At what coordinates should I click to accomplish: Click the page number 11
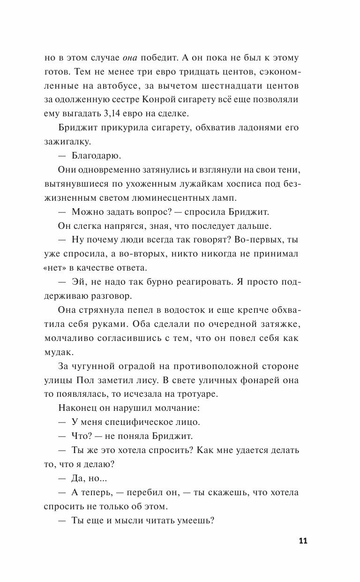pyautogui.click(x=302, y=541)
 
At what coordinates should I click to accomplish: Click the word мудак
pyautogui.click(x=55, y=350)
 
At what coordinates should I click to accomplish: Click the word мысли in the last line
pyautogui.click(x=141, y=520)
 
